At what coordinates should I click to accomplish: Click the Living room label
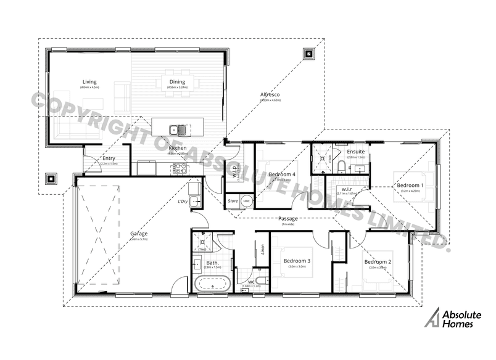click(89, 82)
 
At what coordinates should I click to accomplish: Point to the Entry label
click(107, 159)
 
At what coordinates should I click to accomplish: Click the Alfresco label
click(271, 94)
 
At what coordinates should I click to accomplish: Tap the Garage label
click(139, 234)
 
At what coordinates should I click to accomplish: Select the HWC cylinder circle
click(246, 201)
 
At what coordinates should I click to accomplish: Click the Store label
click(233, 201)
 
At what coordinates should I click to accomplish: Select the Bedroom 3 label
click(297, 261)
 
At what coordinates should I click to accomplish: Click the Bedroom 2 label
click(377, 262)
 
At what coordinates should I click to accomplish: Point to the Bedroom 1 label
click(410, 186)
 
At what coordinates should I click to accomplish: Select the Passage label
click(288, 219)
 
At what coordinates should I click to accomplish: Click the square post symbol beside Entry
click(51, 179)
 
